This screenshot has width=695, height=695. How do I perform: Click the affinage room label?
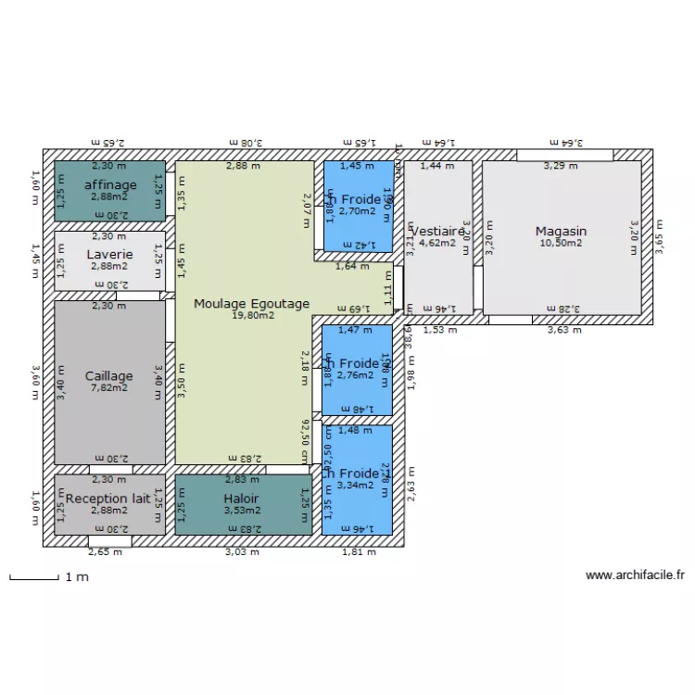[110, 184]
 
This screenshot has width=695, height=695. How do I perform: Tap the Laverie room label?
[110, 254]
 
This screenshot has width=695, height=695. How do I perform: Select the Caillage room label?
[109, 376]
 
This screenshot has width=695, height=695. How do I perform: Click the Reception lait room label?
[107, 499]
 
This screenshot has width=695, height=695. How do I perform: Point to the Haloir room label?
[241, 499]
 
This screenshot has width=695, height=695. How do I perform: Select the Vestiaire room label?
[438, 232]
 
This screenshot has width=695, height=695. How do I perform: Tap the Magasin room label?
[561, 232]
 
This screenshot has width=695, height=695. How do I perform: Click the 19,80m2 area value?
[253, 315]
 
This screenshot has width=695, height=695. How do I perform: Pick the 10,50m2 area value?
[562, 243]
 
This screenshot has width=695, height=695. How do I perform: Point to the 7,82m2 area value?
[109, 388]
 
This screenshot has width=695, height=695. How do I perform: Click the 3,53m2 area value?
[242, 510]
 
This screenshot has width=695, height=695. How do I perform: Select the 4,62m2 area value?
[438, 244]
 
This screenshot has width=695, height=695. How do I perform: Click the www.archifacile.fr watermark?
[635, 575]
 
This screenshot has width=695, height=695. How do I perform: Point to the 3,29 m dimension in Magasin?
[560, 167]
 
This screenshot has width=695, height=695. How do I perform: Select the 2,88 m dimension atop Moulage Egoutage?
[243, 167]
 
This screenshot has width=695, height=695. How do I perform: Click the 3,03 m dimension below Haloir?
[243, 552]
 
